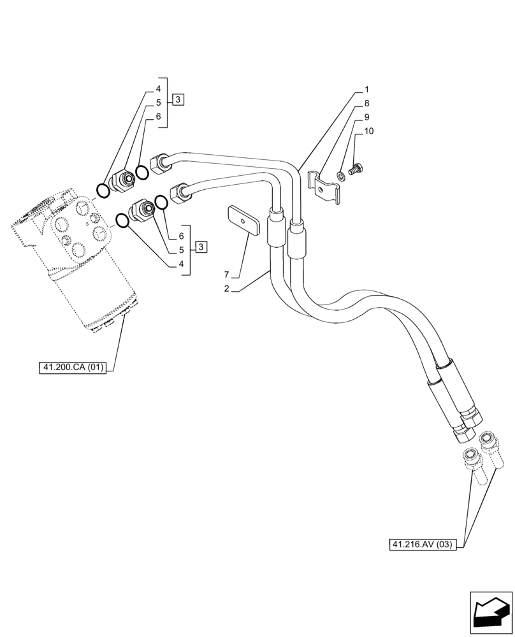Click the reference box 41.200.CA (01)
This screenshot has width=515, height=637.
(x=75, y=368)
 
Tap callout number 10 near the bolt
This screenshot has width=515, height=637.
(x=369, y=131)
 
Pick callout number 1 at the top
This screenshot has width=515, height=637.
(x=366, y=89)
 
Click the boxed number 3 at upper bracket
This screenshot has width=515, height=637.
(x=178, y=99)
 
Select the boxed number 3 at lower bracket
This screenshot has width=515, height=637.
(x=200, y=247)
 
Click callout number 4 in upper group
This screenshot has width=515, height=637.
(x=158, y=89)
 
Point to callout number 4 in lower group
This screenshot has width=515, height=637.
(x=181, y=264)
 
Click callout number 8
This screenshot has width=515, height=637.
(x=366, y=103)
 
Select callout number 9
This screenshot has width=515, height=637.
(x=366, y=117)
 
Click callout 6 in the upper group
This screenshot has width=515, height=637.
(x=158, y=117)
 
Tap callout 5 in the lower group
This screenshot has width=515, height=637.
(x=181, y=250)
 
